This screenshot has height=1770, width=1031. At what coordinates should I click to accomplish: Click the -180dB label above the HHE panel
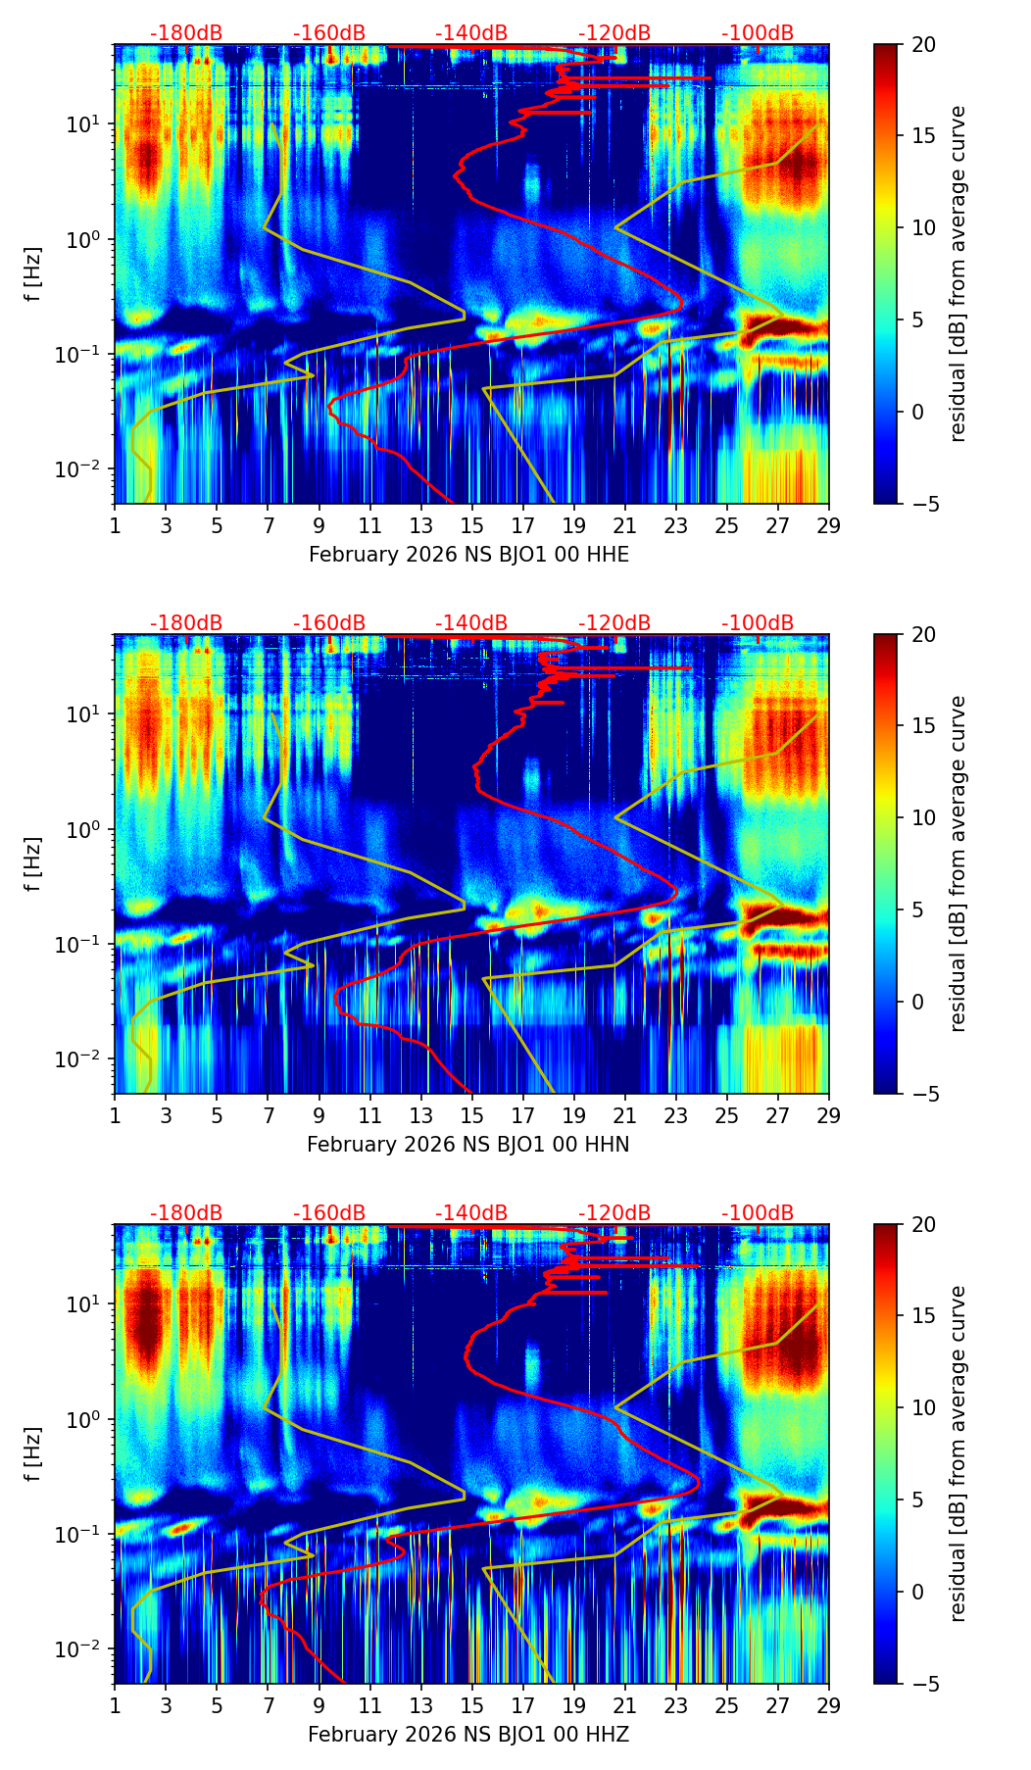coord(186,33)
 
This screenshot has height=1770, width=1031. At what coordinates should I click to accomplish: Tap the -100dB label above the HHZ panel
coord(758,1213)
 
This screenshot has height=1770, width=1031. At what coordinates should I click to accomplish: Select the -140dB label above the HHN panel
coord(471,623)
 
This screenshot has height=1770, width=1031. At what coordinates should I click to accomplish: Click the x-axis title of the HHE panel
coord(468,555)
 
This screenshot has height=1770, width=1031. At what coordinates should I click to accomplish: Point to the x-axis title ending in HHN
coord(468,1145)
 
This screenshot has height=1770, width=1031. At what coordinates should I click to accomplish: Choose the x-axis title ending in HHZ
coord(468,1735)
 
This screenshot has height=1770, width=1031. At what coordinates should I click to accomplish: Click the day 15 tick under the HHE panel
coord(471,525)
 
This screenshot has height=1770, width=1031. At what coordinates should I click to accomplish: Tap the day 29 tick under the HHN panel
coord(828,1115)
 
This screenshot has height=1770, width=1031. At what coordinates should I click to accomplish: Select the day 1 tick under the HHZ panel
coord(115,1705)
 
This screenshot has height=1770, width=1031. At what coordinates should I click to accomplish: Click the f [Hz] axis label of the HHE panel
coord(33,274)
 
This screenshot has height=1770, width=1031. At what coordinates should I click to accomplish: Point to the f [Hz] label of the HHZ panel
coord(33,1454)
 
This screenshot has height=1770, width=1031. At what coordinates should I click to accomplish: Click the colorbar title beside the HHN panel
coord(958,863)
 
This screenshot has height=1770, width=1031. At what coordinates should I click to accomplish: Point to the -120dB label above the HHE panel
coord(614,33)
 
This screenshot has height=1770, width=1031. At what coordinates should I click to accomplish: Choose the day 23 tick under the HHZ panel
coord(675,1705)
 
